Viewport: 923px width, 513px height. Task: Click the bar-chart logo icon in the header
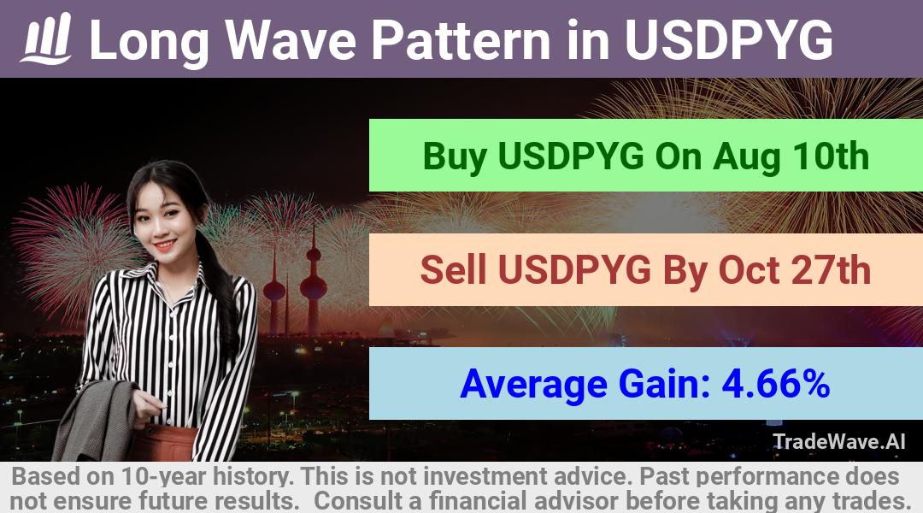(46, 38)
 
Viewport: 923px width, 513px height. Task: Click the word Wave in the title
(291, 39)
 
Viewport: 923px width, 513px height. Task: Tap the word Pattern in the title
(461, 39)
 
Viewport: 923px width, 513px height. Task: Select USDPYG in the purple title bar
(728, 39)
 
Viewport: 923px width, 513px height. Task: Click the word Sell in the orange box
(454, 269)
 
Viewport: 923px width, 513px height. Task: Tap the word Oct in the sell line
(746, 269)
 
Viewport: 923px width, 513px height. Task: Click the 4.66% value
(776, 383)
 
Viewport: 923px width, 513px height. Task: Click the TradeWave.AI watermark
(839, 441)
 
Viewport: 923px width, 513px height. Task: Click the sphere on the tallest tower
(313, 288)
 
